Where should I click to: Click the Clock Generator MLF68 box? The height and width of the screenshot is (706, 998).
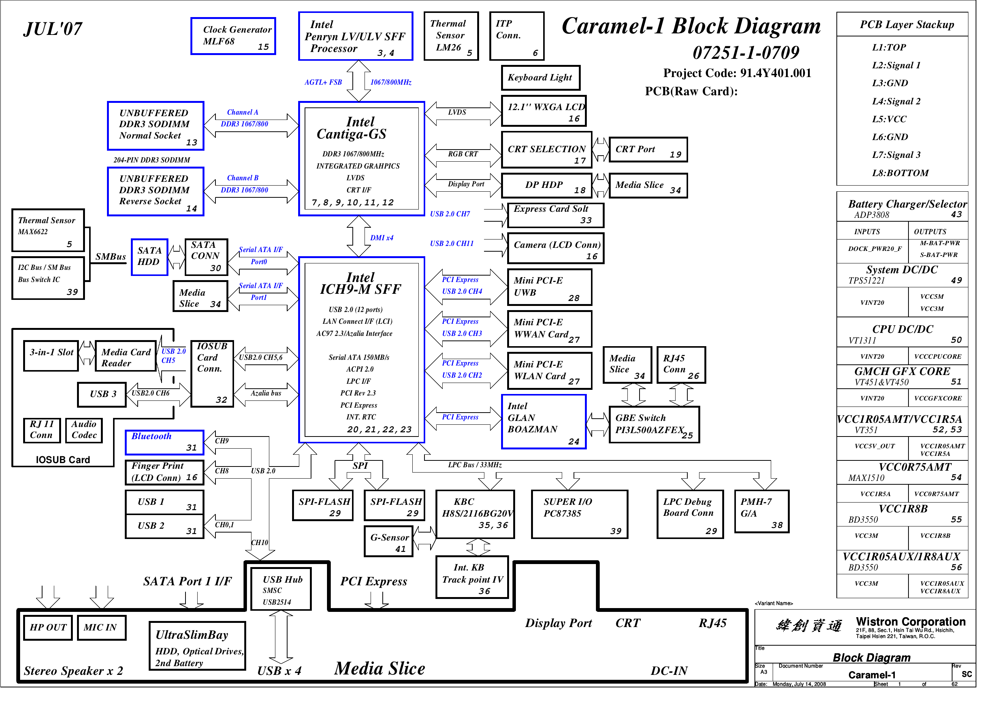tap(233, 36)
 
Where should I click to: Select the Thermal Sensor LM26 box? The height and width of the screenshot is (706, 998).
tap(451, 36)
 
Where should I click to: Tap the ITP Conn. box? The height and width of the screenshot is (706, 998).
tap(517, 36)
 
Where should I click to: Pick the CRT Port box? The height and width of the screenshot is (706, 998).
tap(649, 150)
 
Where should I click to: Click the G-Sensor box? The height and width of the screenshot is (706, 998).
tap(388, 541)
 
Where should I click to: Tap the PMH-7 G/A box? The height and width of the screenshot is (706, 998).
tap(762, 511)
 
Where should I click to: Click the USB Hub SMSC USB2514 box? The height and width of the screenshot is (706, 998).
tap(281, 589)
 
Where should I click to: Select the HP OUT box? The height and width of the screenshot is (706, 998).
tap(48, 628)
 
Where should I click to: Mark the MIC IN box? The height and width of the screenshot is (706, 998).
tap(102, 628)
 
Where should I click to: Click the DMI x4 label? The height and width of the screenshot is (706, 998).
tap(382, 238)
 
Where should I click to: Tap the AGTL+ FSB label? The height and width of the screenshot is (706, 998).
tap(323, 82)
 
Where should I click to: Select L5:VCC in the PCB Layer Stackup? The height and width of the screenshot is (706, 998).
tap(890, 119)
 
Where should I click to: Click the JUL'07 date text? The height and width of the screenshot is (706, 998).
tap(53, 29)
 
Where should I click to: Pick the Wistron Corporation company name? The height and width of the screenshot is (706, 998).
tap(911, 622)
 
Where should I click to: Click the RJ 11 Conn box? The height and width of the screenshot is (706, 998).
tap(42, 430)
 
